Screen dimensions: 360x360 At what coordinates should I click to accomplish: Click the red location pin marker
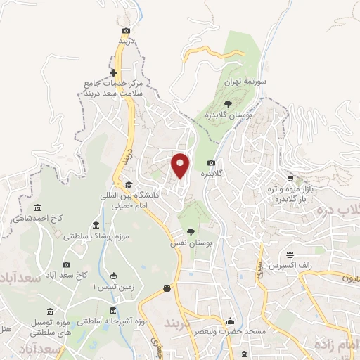[181, 165]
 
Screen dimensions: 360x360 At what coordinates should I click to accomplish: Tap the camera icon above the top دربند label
[126, 30]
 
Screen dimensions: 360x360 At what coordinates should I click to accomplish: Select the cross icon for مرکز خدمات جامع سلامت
[113, 72]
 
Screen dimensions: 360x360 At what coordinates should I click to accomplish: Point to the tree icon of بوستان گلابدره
[227, 103]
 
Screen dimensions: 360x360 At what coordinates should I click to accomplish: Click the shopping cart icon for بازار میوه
[290, 179]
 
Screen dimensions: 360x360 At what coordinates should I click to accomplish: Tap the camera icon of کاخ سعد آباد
[67, 264]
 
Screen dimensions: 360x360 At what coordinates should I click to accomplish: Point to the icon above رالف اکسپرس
[290, 255]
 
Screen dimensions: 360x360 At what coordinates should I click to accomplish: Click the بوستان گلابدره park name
[218, 114]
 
